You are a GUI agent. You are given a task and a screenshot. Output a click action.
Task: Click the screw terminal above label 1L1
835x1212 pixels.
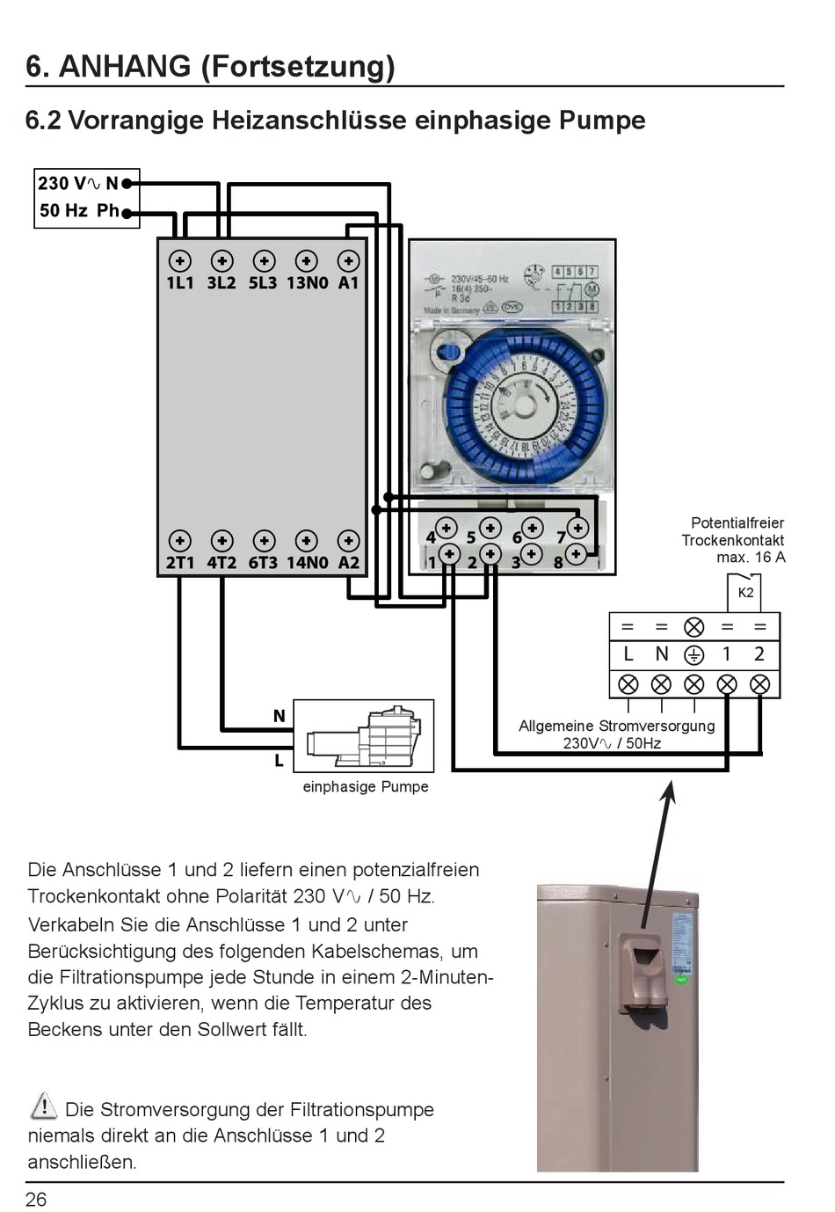pos(179,261)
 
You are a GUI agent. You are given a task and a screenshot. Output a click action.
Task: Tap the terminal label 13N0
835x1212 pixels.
pos(307,283)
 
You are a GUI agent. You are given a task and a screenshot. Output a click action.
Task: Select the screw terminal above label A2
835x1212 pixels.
pos(348,541)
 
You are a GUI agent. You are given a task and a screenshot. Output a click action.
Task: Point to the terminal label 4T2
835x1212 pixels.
pos(221,563)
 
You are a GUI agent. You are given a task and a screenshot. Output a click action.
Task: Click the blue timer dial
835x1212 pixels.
pos(524,406)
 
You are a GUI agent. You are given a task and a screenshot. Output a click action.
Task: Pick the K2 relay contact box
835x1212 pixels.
pos(744,592)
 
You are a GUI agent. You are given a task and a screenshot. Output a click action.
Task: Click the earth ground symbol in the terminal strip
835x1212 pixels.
pos(693,655)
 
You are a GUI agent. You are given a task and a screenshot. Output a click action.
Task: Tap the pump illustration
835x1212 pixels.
pos(364,737)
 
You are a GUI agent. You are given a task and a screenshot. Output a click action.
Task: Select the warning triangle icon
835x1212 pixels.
pos(43,1106)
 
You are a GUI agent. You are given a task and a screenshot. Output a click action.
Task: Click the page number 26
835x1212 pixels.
pos(36,1200)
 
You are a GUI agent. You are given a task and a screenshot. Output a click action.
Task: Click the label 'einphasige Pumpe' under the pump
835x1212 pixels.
pos(366,787)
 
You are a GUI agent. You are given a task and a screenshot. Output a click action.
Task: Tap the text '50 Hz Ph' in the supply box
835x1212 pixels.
pos(79,211)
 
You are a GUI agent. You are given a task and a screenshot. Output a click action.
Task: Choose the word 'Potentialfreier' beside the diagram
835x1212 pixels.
pos(737,523)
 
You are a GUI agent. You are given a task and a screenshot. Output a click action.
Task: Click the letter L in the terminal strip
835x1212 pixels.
pos(628,654)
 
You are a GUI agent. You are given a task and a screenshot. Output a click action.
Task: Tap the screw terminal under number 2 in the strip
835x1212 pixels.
pos(759,684)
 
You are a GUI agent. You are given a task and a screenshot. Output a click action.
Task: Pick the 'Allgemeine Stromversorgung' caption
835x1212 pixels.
pos(616,726)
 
